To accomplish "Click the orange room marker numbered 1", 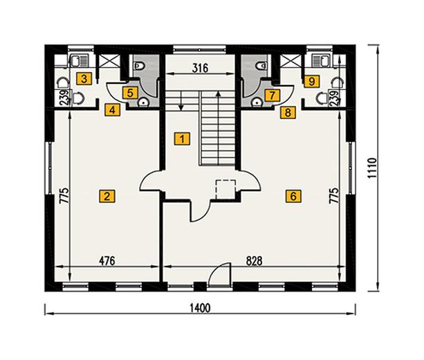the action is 182,138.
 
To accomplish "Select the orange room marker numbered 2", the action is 107,196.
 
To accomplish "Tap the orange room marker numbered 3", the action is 84,79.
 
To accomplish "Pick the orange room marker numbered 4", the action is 113,109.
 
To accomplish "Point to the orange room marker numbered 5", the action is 130,93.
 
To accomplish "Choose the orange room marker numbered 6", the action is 293,195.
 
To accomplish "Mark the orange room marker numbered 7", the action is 273,95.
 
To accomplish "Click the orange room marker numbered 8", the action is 288,112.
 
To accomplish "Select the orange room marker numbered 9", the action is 311,81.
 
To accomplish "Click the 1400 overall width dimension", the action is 200,308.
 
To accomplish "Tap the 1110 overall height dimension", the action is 372,168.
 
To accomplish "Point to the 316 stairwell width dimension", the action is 200,68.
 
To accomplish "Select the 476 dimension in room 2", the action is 107,261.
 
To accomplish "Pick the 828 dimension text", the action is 254,261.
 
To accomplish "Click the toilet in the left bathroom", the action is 139,65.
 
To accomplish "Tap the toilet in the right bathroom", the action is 261,65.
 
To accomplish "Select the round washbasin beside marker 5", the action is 143,102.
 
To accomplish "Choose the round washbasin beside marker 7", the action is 257,102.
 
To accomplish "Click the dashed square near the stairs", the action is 225,189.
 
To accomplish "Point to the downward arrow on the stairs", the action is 181,100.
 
